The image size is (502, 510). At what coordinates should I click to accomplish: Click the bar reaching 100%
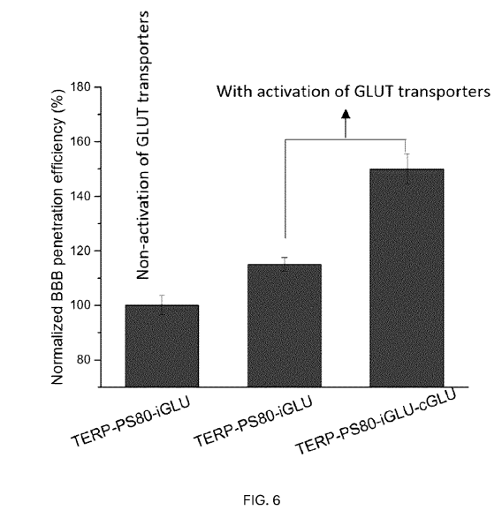pos(162,346)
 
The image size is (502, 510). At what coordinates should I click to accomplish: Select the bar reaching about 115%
pos(285,326)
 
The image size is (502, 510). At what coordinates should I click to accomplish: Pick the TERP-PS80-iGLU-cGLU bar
pos(407,278)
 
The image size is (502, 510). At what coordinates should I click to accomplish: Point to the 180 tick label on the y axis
pos(80,87)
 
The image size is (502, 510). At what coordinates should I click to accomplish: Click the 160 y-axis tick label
pos(80,142)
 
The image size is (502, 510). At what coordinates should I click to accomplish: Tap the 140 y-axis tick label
pos(80,197)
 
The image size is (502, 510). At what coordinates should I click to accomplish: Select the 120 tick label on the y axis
pos(80,251)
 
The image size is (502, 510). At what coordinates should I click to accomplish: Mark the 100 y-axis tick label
pos(80,305)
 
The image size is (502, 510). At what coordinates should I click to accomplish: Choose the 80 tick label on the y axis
pos(84,360)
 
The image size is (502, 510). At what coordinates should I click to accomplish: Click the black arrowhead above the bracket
pos(346,114)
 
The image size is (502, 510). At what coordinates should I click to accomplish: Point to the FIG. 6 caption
pos(262,500)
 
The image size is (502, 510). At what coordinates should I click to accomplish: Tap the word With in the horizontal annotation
pos(234,92)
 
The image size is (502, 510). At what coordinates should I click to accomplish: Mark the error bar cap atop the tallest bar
pos(407,154)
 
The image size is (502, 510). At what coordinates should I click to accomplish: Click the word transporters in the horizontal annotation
pos(445,92)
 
